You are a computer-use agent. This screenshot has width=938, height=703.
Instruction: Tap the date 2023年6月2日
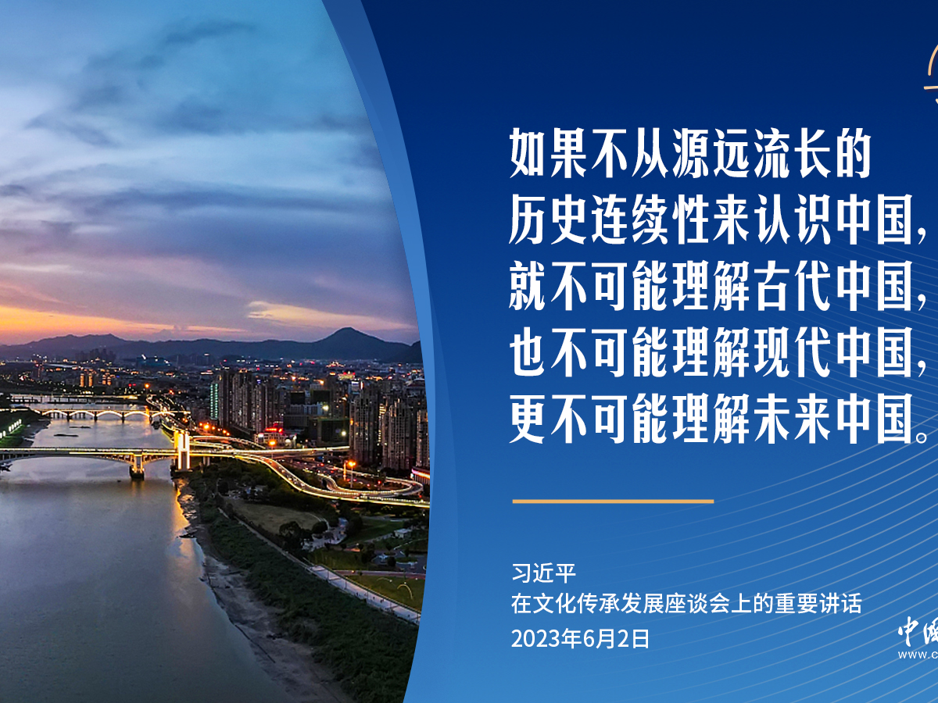pos(580,640)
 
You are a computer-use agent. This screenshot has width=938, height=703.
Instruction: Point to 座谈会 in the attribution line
pos(686,604)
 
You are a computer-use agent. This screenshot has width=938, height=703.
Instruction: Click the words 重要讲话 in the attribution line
pos(827,604)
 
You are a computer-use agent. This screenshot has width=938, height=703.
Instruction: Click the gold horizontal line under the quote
pos(613,501)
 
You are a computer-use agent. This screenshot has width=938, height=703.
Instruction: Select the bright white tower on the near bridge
pos(182,451)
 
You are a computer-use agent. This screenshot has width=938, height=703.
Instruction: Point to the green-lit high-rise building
pos(214,400)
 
